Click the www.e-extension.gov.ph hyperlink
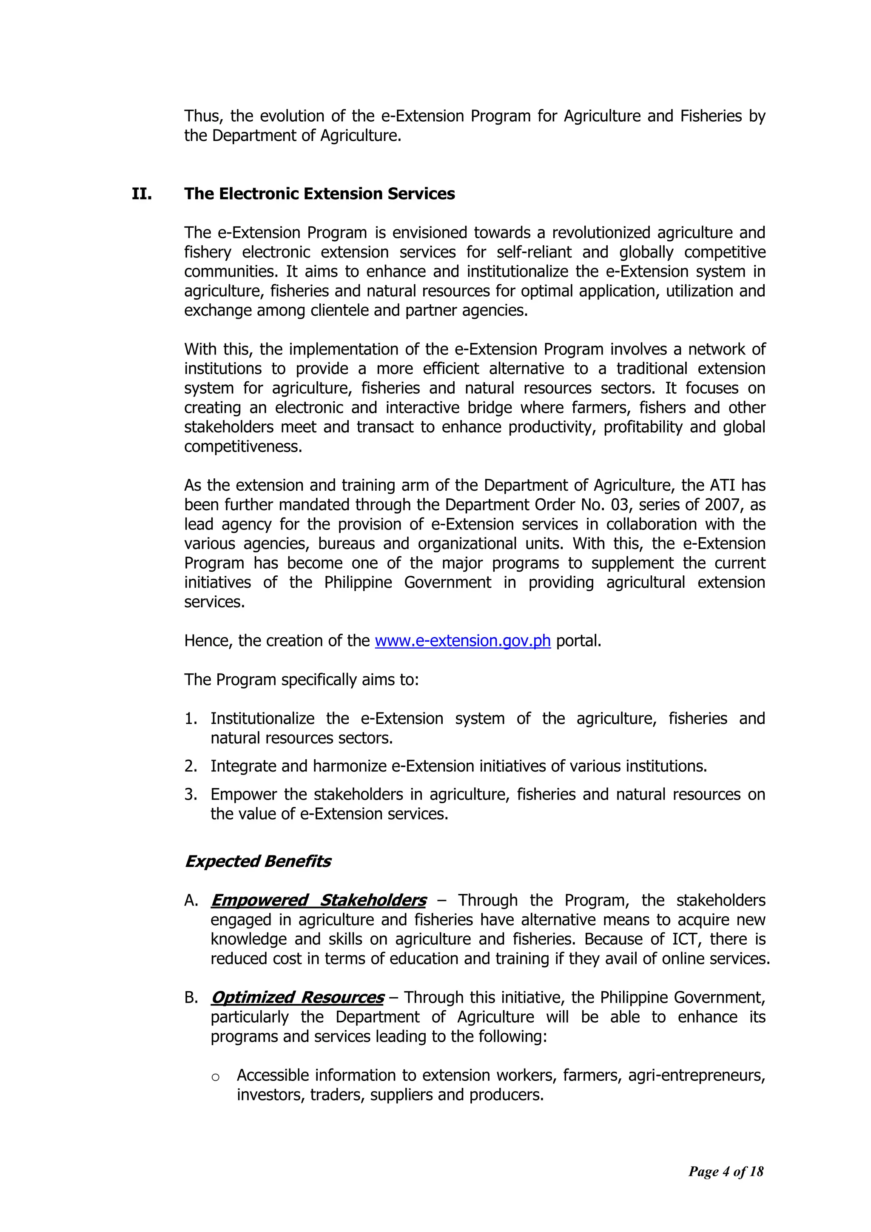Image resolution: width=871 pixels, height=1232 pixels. point(462,641)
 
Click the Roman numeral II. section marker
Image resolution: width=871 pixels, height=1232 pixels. point(142,194)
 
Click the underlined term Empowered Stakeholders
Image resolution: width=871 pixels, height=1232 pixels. point(319,900)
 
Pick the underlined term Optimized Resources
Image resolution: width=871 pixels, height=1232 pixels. point(298,997)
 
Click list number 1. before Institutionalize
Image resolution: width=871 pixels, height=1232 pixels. point(191,718)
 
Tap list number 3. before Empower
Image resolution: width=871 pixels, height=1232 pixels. point(191,794)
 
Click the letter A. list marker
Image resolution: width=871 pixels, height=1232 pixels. point(191,900)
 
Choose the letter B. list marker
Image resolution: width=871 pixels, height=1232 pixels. point(191,998)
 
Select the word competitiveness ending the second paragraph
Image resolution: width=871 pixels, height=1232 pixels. point(243,446)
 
